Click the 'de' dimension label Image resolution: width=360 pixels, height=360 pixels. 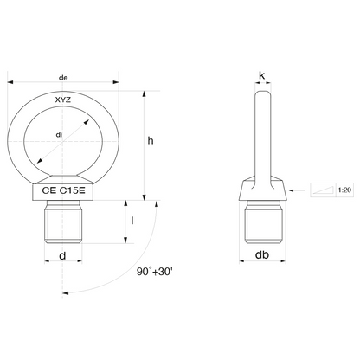(x=63, y=78)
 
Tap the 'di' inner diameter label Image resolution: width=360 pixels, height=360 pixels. (x=59, y=135)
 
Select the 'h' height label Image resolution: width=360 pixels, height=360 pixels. (x=151, y=141)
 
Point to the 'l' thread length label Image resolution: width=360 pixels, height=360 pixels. (x=132, y=221)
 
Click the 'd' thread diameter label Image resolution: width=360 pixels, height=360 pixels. (x=62, y=255)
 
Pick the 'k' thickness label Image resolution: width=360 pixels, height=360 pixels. (x=262, y=75)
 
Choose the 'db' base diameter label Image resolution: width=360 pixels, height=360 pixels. (x=262, y=254)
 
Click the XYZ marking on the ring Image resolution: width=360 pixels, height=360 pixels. (x=63, y=100)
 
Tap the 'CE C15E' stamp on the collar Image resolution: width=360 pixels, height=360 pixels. (x=63, y=190)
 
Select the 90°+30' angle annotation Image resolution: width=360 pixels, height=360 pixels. (x=154, y=272)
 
